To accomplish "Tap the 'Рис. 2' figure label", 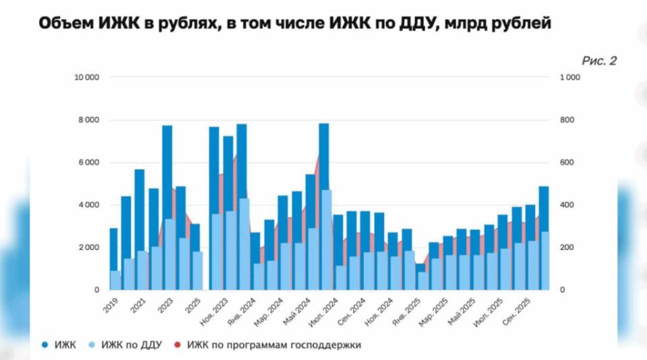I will pyautogui.click(x=598, y=61).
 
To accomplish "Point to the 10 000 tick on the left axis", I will pyautogui.click(x=87, y=78).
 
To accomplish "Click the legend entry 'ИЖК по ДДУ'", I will pyautogui.click(x=129, y=344).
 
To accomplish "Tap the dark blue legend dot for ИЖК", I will pyautogui.click(x=44, y=344).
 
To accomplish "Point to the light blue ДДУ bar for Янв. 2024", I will pyautogui.click(x=258, y=276).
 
